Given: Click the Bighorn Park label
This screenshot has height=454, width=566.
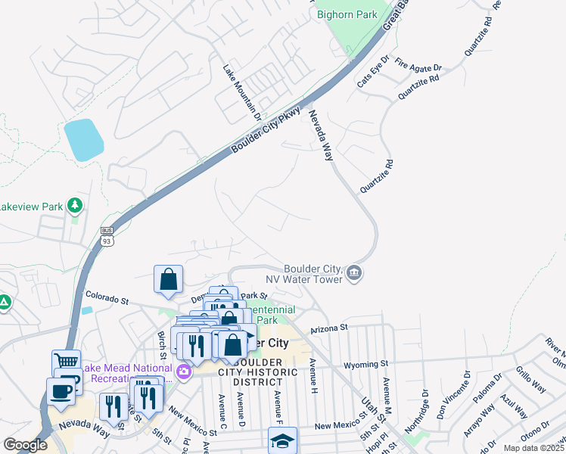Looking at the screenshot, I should point(347,14).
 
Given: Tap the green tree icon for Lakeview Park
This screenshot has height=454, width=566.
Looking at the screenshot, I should point(74,205).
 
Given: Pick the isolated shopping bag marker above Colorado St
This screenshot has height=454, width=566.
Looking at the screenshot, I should point(168,279).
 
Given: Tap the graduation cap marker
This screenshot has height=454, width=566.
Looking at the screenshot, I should point(282,440).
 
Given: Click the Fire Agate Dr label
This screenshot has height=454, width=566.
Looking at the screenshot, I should point(418,67).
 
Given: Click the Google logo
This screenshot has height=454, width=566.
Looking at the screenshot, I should point(25,445).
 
